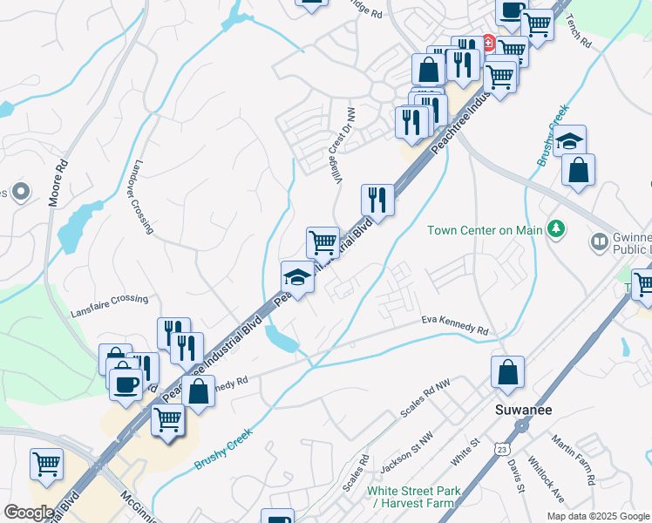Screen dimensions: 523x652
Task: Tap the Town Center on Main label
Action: [x=484, y=230]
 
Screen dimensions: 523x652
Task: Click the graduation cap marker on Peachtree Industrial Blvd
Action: [x=297, y=277]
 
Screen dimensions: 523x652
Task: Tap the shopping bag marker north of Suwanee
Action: [x=506, y=372]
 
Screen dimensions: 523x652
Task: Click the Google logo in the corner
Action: [x=29, y=512]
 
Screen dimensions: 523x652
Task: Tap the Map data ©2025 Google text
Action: [x=598, y=516]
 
